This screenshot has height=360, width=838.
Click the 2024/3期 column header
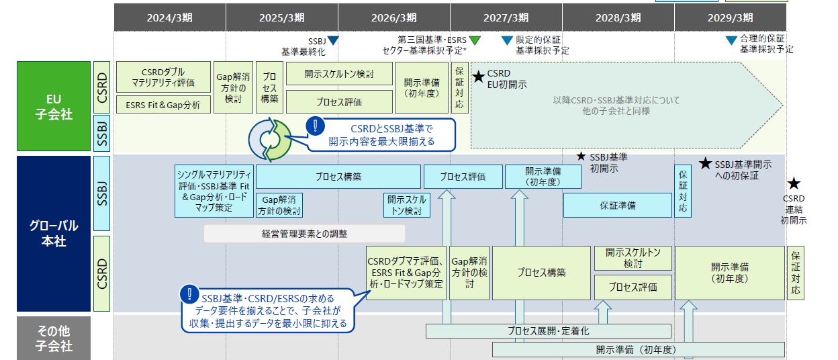click(170, 17)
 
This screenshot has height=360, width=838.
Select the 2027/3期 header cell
click(506, 17)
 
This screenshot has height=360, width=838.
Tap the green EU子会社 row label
click(54, 106)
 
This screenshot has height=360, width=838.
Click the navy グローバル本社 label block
click(54, 234)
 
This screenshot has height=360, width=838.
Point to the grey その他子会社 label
click(54, 339)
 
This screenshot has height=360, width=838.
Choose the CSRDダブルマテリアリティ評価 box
click(163, 77)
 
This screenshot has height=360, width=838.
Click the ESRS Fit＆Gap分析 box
click(163, 105)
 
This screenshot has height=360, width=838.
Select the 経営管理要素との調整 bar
click(305, 234)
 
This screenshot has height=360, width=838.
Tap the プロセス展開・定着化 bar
click(549, 331)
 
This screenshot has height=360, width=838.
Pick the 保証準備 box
click(618, 206)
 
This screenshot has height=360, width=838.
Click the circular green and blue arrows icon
click(270, 140)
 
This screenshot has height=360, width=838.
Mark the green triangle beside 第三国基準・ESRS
click(475, 40)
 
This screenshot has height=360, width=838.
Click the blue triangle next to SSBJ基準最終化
click(333, 40)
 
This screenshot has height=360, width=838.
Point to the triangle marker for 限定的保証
click(507, 40)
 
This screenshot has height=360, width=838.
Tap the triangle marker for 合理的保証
click(731, 40)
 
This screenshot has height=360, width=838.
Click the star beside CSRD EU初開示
click(479, 77)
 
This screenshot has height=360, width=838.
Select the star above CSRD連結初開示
click(794, 184)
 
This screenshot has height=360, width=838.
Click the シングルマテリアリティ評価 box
click(214, 191)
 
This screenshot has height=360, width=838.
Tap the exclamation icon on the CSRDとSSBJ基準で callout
click(316, 126)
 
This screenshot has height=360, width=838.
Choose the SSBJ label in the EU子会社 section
click(102, 133)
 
